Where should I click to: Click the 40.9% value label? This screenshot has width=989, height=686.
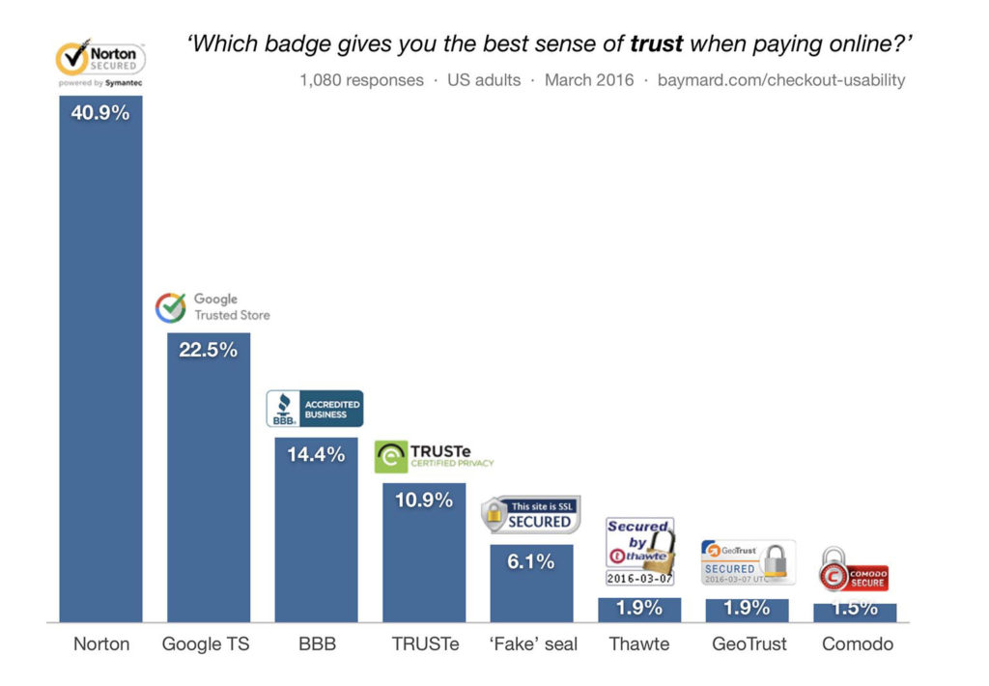(x=100, y=112)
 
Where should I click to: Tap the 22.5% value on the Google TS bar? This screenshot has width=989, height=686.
(x=208, y=350)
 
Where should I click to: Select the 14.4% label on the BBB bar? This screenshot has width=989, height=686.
(x=316, y=454)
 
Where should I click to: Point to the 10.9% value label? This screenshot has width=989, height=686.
(x=423, y=500)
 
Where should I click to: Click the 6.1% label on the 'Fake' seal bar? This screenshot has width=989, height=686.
(x=530, y=560)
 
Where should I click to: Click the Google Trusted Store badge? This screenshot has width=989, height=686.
(x=212, y=307)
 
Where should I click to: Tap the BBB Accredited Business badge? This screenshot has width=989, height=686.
(x=315, y=409)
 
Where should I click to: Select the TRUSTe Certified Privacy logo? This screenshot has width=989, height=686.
(x=434, y=457)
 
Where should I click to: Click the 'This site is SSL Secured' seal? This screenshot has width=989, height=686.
(x=531, y=515)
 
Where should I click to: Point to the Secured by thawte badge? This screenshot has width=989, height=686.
(x=639, y=552)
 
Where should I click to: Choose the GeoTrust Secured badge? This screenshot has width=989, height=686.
(x=748, y=561)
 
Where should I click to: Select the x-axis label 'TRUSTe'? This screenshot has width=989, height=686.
(x=425, y=643)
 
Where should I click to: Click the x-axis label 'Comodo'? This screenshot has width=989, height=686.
(x=858, y=643)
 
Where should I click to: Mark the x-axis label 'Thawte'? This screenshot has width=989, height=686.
(x=639, y=643)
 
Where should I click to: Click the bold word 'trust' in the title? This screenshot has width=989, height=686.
(x=656, y=44)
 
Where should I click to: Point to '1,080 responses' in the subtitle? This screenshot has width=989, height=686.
(x=361, y=80)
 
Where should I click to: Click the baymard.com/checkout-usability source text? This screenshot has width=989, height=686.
(x=781, y=80)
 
